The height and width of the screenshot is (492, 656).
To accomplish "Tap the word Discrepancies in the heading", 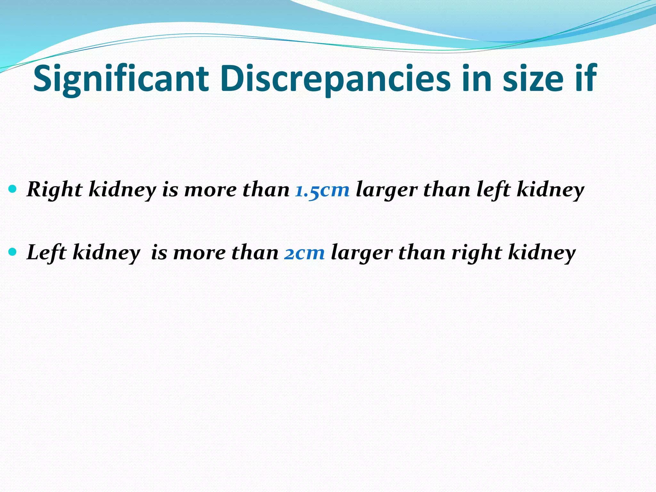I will tap(335, 79).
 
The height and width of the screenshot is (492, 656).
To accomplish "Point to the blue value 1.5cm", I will tap(322, 190).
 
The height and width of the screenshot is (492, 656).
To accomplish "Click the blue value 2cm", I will tap(304, 253).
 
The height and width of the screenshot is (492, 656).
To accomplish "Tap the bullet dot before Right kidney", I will tap(13, 189).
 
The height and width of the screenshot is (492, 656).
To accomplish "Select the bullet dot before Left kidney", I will tap(13, 252).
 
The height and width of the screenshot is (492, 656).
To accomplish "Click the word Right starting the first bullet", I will tap(54, 190).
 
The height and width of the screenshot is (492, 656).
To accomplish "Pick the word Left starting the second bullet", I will tap(46, 253).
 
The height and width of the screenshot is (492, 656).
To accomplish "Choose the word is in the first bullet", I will tap(170, 190).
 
